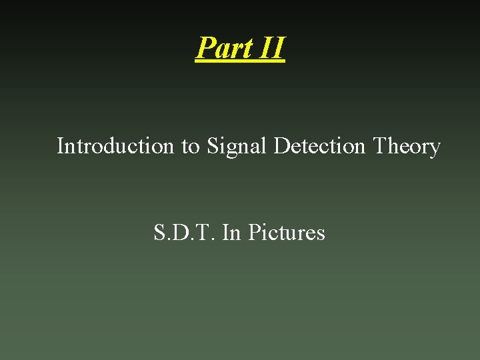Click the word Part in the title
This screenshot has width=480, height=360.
point(223,48)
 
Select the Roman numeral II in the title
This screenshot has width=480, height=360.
point(271,48)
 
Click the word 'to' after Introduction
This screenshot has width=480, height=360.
point(190,146)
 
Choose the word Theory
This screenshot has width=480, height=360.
point(407,146)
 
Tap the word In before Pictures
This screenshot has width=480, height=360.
point(231,233)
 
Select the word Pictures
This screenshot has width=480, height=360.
point(286,233)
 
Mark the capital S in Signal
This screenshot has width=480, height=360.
point(212,145)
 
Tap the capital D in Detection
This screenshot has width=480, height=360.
point(280,145)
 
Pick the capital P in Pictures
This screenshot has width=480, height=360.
point(253,233)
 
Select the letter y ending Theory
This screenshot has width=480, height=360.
point(435,148)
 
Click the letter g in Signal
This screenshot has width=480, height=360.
point(233,148)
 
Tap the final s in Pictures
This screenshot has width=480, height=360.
point(321,235)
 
